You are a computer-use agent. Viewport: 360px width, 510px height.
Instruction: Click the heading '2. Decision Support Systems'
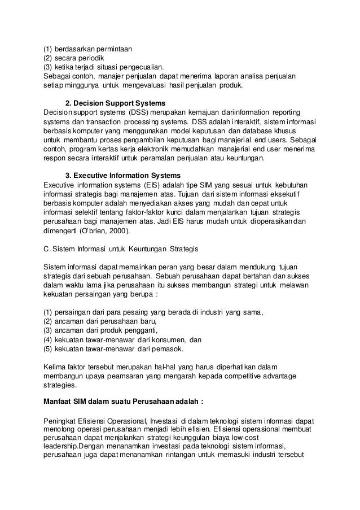coord(115,103)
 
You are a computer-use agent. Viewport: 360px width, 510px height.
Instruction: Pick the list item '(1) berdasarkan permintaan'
coord(84,49)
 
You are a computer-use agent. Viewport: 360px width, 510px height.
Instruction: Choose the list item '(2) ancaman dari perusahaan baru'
coord(92,321)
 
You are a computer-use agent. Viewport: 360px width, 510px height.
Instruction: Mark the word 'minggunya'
coord(83,85)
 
